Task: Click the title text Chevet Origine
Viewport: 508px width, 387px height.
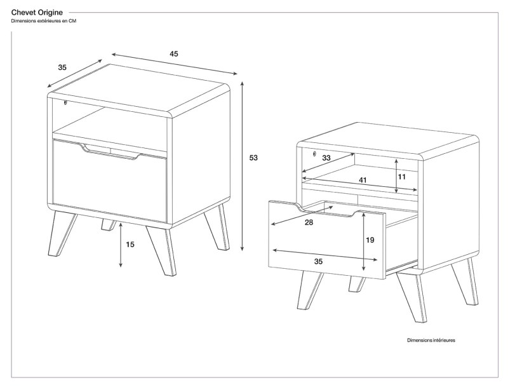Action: (37, 12)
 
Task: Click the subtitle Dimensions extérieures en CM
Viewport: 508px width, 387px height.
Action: (43, 21)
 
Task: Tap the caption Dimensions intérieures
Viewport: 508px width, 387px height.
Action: (431, 341)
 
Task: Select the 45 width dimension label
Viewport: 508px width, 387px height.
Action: (173, 54)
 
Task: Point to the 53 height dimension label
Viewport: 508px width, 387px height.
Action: (253, 158)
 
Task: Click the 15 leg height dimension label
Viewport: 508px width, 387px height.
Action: (130, 244)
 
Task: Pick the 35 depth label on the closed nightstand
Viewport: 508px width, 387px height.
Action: (62, 67)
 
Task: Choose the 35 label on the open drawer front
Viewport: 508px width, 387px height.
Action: (318, 261)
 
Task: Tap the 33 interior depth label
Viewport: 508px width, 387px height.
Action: (326, 158)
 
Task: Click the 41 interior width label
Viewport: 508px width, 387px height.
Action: (363, 180)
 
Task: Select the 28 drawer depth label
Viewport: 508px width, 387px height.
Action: (309, 222)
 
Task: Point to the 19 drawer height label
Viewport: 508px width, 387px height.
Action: (370, 240)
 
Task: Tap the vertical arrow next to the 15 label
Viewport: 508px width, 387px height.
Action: (121, 245)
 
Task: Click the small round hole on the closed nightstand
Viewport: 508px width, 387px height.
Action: (65, 102)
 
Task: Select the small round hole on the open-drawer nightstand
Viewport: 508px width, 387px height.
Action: (314, 153)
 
